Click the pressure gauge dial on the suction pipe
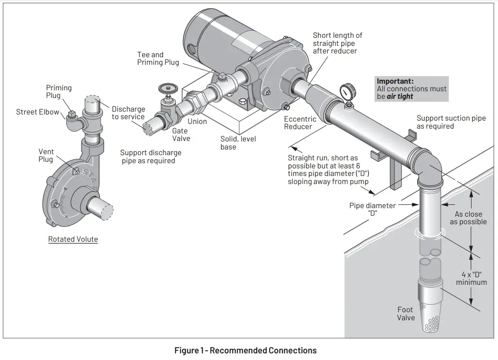348,90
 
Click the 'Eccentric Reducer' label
300,123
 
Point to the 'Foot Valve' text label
406,314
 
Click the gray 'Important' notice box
411,88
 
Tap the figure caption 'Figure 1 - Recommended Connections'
245,351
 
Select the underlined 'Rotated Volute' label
73,239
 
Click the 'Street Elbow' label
38,112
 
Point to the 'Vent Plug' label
46,156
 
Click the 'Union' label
197,122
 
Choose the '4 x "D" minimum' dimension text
471,278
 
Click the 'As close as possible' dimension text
468,218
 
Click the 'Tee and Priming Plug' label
158,59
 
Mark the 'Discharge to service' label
128,113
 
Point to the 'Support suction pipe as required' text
451,122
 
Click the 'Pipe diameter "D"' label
372,210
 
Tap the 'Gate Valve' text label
181,134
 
